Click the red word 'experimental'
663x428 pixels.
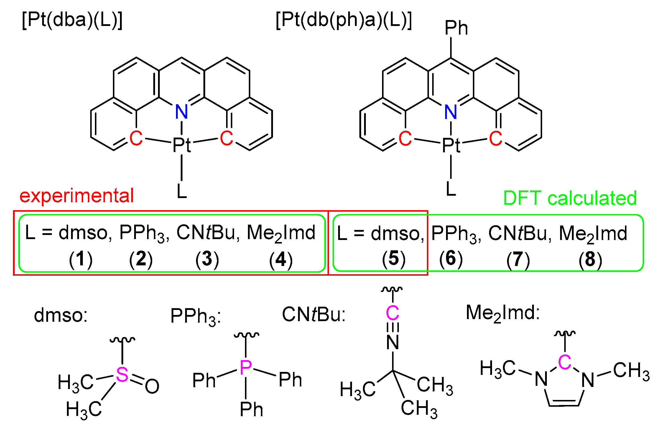77,196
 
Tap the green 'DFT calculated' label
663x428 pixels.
570,198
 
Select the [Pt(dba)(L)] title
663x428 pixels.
72,20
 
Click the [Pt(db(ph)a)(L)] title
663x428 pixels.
344,20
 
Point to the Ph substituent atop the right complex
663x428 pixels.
456,28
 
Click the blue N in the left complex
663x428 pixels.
181,112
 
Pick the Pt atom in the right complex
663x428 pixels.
451,145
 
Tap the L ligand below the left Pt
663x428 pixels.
182,191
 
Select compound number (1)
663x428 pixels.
80,259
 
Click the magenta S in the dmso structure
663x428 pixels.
122,375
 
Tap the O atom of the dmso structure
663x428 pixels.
152,386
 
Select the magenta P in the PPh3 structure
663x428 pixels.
246,368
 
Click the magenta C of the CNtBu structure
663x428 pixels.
392,313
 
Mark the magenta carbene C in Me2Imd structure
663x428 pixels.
565,362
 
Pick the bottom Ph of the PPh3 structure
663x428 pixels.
251,409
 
